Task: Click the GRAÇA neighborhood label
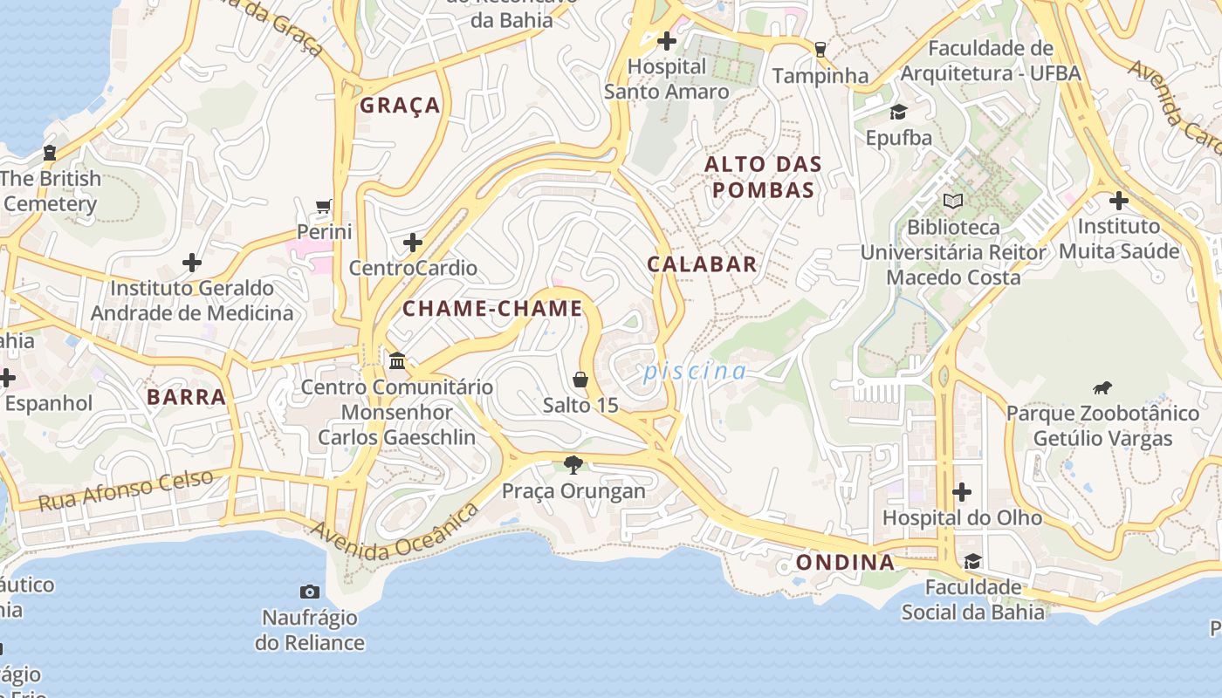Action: (x=400, y=106)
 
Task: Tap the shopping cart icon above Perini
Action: (x=324, y=207)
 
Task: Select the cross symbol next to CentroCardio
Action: (x=413, y=242)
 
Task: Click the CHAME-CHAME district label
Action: (x=492, y=308)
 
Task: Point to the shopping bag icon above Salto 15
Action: (x=580, y=380)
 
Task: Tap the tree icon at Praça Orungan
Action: (x=573, y=464)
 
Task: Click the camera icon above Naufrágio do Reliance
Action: (x=309, y=592)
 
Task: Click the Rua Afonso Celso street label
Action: (x=127, y=491)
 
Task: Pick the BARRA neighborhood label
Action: (x=187, y=397)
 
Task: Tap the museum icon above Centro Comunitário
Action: (x=397, y=360)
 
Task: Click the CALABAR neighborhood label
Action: (x=702, y=264)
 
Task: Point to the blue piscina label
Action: (x=695, y=372)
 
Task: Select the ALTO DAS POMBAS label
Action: (x=763, y=177)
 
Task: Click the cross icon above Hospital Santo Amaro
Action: (x=667, y=41)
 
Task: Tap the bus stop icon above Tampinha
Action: (x=820, y=50)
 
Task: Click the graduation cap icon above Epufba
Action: (x=898, y=112)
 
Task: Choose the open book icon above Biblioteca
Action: (x=952, y=202)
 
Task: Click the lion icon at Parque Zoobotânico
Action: (x=1102, y=387)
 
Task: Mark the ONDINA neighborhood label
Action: (x=846, y=562)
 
